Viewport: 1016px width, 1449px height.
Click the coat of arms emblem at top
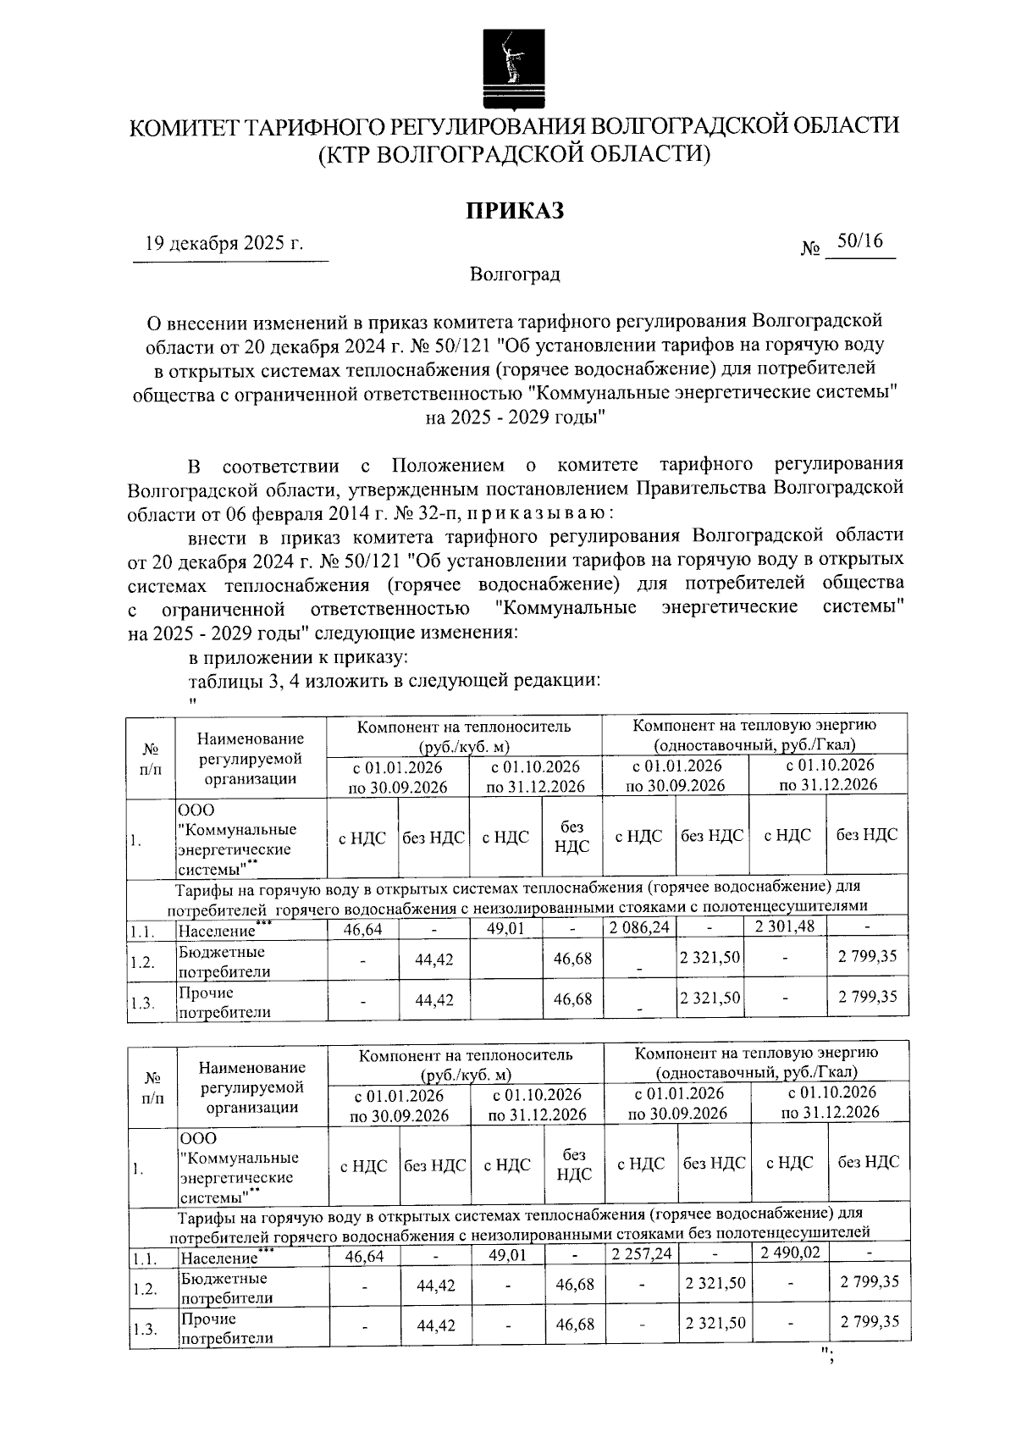point(510,69)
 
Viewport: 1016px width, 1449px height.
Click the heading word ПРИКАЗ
point(514,211)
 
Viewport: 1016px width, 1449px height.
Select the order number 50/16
point(859,242)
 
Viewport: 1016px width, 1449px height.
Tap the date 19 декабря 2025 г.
point(224,244)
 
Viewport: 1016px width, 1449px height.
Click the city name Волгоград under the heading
point(515,274)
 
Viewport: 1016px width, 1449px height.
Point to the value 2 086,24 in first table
point(639,927)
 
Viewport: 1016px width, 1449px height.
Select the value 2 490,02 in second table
point(791,1252)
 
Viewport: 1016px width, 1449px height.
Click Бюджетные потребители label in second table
point(225,1288)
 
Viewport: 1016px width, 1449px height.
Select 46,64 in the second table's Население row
point(364,1256)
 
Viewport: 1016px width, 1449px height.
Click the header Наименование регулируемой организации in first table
point(250,759)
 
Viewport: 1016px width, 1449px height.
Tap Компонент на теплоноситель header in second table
point(465,1065)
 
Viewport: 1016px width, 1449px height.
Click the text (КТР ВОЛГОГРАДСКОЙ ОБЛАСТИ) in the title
point(514,154)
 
